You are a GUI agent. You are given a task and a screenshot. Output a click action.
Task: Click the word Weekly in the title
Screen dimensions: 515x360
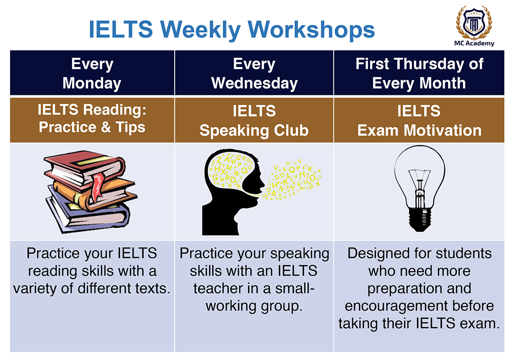[x=200, y=30]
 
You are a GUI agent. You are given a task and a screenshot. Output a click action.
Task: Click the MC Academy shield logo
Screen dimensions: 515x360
[x=474, y=22]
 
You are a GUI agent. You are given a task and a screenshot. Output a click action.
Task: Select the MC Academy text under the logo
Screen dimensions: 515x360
[x=474, y=43]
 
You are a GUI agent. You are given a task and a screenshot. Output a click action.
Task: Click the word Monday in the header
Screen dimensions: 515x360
[x=92, y=83]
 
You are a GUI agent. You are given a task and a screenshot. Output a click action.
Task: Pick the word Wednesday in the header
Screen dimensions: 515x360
[x=254, y=83]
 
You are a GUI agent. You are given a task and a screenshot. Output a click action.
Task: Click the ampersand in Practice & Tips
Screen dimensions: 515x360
[x=106, y=127]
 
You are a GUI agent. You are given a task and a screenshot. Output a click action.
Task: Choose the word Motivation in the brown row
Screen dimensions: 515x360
[x=442, y=130]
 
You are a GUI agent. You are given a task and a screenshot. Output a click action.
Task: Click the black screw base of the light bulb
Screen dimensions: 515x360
[x=420, y=220]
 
